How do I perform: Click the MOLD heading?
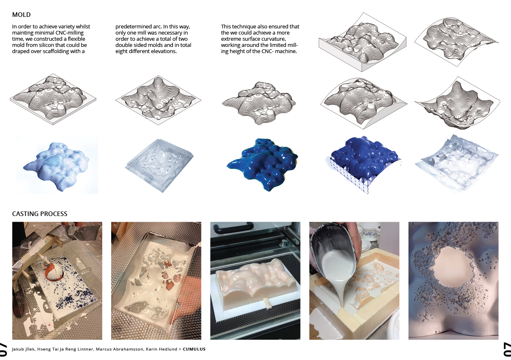tap(21, 14)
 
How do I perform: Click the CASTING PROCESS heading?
tap(40, 214)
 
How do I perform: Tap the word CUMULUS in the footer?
tap(194, 349)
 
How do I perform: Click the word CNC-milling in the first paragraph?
tap(70, 33)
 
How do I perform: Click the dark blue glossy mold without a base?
tap(262, 164)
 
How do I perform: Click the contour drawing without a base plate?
tap(259, 103)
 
